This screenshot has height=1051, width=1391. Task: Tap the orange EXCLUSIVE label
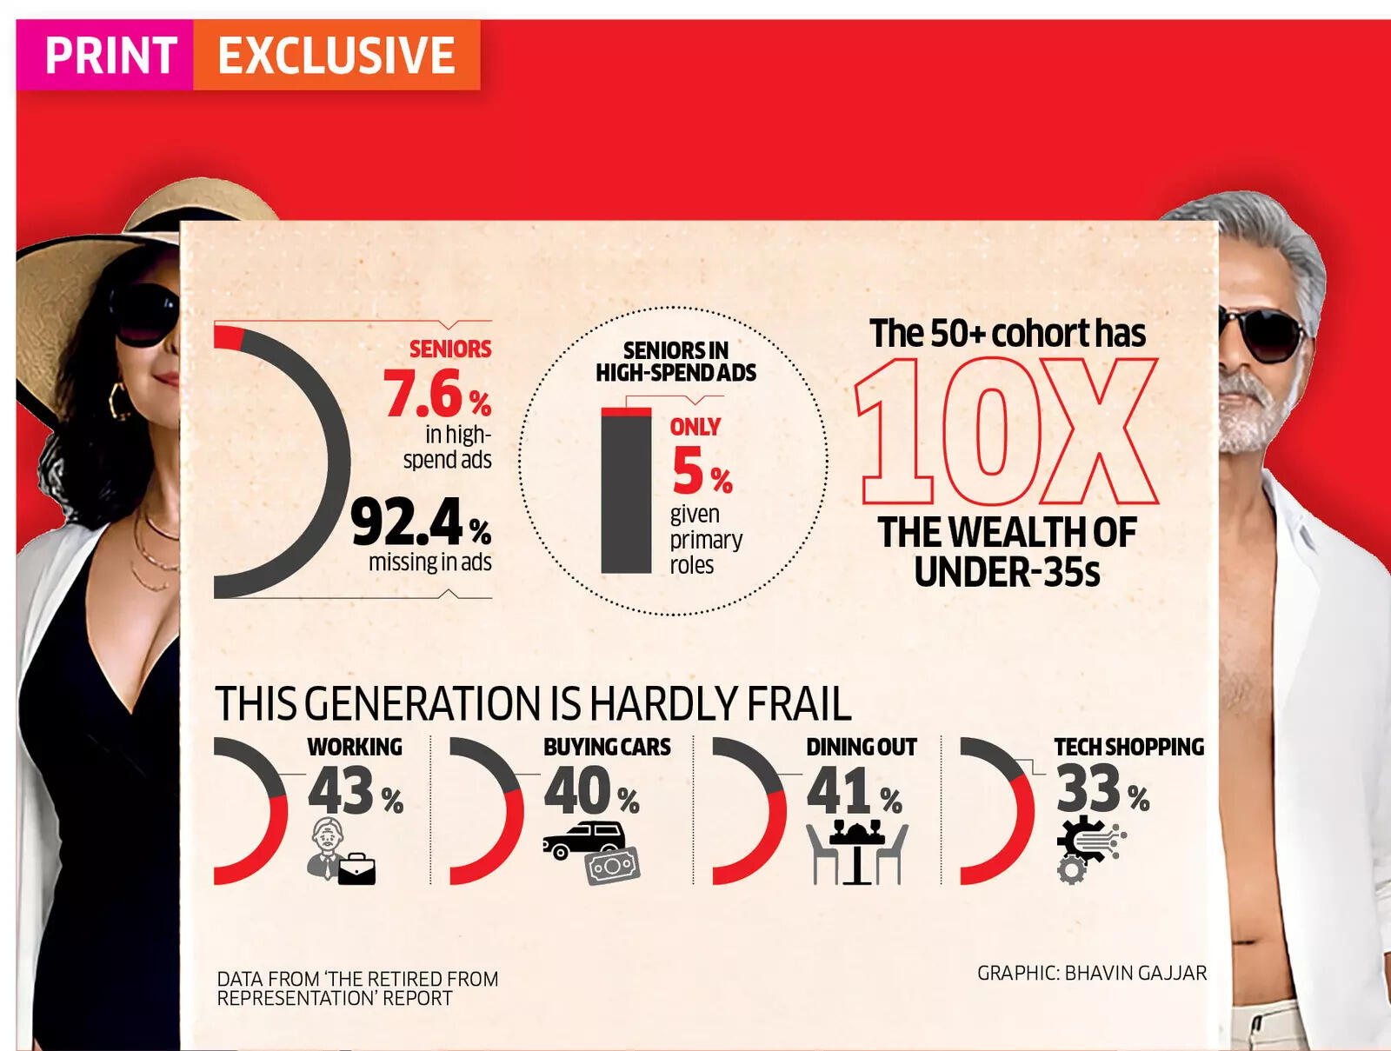[x=336, y=56]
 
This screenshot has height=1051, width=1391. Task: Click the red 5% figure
[x=701, y=470]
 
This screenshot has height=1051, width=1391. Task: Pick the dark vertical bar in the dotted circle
[x=626, y=492]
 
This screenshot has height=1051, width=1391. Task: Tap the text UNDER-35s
[x=1007, y=572]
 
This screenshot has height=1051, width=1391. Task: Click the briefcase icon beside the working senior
[x=356, y=868]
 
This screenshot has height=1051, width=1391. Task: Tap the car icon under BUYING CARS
[x=583, y=841]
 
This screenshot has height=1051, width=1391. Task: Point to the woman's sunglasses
[x=143, y=313]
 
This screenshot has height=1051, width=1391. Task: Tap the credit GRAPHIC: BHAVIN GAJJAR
[x=1092, y=973]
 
